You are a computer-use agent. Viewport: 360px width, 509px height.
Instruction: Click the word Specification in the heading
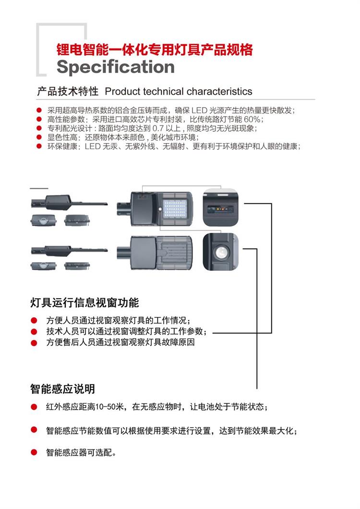point(116,67)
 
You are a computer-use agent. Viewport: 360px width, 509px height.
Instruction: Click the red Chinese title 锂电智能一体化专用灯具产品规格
point(155,49)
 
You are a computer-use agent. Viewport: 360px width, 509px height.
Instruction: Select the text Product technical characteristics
point(179,92)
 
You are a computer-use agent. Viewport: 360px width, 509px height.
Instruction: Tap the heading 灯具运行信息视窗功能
point(84,303)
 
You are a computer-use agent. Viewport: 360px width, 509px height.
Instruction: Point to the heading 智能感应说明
point(62,388)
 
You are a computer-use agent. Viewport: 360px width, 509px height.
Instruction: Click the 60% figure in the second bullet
point(252,119)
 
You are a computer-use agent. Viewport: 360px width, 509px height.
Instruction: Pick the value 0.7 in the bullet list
point(158,128)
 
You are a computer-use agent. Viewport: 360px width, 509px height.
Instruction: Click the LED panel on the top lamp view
point(175,209)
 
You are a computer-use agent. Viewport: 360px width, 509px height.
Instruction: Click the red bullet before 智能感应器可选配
point(34,452)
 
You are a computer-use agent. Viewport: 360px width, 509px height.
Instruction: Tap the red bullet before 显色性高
point(39,137)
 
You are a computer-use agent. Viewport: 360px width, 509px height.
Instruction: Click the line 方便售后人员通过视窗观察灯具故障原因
point(120,342)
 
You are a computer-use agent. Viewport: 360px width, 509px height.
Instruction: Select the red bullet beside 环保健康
point(39,146)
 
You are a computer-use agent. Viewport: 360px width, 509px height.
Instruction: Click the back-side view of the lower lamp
point(155,252)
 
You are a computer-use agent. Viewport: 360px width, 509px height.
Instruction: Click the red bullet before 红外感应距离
point(34,407)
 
